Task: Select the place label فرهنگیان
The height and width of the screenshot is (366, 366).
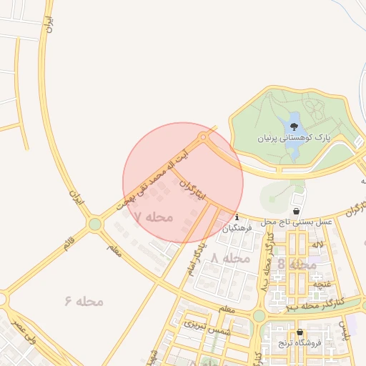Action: [x=237, y=229]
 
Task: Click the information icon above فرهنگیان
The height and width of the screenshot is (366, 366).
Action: [x=237, y=217]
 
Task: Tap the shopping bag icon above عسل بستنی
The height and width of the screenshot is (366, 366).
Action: [x=296, y=212]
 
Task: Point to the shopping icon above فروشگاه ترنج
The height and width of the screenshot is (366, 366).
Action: [x=300, y=332]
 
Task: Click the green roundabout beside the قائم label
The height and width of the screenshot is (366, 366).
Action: [x=94, y=225]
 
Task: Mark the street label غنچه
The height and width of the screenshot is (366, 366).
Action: [x=321, y=284]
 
